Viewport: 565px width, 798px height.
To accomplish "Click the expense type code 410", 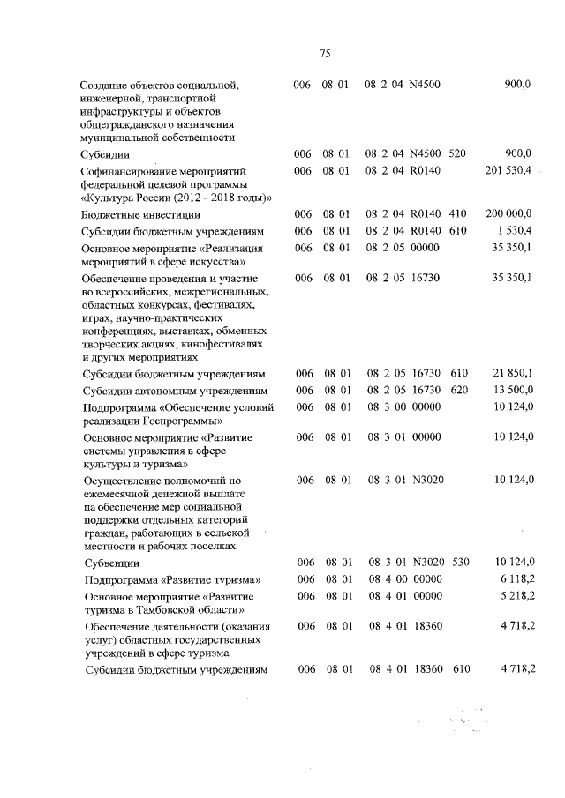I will coord(456,214).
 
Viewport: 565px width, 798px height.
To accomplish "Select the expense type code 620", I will coord(456,390).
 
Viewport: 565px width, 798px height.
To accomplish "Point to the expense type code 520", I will coord(456,153).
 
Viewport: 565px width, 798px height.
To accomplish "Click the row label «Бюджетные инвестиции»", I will coord(139,214).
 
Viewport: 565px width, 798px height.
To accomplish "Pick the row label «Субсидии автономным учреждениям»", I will coord(174,390).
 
